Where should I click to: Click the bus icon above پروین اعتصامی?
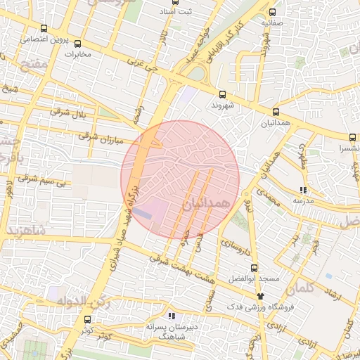point(45,29)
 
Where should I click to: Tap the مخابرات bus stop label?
point(79,53)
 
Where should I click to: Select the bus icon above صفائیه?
point(273,12)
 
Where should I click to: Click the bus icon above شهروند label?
point(222,94)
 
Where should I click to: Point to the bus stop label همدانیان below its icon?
point(276,122)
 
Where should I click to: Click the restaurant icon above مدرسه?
point(302,190)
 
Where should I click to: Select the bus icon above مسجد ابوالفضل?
point(254,268)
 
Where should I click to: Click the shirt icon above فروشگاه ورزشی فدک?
point(261,296)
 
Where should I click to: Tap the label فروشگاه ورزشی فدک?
point(252,308)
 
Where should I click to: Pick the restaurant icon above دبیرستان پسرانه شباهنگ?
point(172,315)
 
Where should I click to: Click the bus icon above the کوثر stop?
point(87,319)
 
